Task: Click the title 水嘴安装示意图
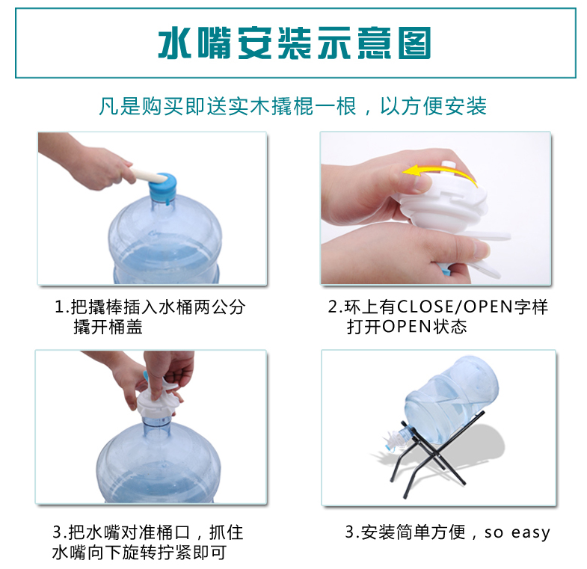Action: tap(295, 43)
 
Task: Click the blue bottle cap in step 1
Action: tap(162, 187)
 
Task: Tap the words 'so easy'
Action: tap(517, 532)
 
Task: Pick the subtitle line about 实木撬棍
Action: tap(292, 106)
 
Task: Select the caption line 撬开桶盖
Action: tap(108, 327)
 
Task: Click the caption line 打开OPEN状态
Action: tap(407, 327)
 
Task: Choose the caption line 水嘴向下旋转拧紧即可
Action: tap(139, 552)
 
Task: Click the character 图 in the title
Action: tap(414, 43)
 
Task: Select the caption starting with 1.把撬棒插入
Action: tap(150, 307)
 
